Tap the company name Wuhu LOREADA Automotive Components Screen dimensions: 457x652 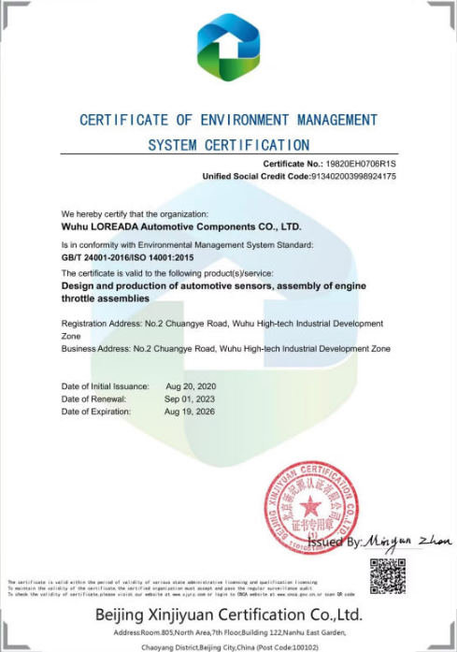pos(180,225)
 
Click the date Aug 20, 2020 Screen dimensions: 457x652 pos(191,386)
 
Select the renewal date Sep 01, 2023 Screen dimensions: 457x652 pos(190,398)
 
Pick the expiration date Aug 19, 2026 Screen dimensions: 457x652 pos(190,411)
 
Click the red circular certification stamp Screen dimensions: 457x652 pos(311,506)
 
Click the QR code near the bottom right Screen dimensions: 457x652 pos(387,575)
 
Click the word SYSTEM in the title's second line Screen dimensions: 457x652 pos(171,145)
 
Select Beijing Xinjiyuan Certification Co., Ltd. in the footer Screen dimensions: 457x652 pos(228,615)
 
